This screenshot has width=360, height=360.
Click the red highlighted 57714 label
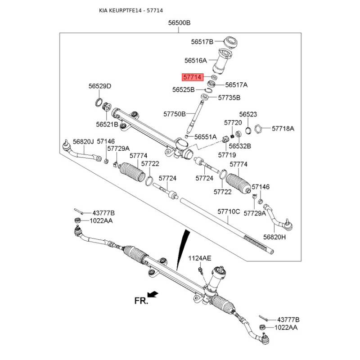pyautogui.click(x=193, y=77)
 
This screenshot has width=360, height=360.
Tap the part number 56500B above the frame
pyautogui.click(x=179, y=23)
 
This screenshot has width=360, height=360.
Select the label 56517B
pyautogui.click(x=202, y=42)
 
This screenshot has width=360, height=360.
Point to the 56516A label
pyautogui.click(x=196, y=61)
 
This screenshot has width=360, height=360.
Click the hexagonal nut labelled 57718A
pyautogui.click(x=258, y=129)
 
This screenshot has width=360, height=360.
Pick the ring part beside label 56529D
pyautogui.click(x=99, y=102)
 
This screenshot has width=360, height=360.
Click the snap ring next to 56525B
pyautogui.click(x=208, y=90)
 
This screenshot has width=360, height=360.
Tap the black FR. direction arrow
pyautogui.click(x=153, y=294)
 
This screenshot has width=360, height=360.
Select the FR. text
pyautogui.click(x=141, y=301)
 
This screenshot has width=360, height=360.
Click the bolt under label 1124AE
pyautogui.click(x=201, y=271)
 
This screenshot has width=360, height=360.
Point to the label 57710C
pyautogui.click(x=229, y=211)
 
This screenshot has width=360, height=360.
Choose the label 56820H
pyautogui.click(x=274, y=237)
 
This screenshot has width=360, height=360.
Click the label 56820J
pyautogui.click(x=83, y=142)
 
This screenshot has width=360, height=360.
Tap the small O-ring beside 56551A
pyautogui.click(x=186, y=137)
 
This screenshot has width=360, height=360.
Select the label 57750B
pyautogui.click(x=175, y=114)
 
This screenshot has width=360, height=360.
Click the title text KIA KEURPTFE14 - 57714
pyautogui.click(x=131, y=10)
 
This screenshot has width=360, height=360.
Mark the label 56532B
pyautogui.click(x=240, y=146)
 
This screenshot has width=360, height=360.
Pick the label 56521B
pyautogui.click(x=107, y=125)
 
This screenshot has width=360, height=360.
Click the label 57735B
pyautogui.click(x=229, y=98)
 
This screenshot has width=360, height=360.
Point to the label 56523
pyautogui.click(x=248, y=114)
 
